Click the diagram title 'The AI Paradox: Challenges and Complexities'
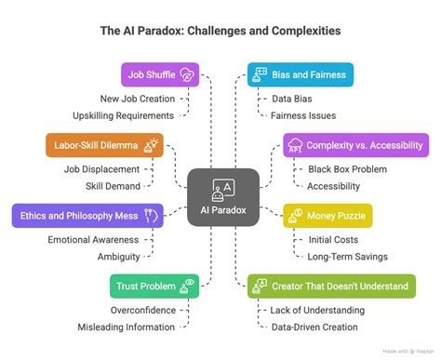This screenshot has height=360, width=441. click(x=220, y=31)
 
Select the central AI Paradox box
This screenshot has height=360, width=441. click(x=221, y=198)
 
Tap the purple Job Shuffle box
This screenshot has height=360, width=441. click(x=161, y=74)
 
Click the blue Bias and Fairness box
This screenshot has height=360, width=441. click(x=300, y=74)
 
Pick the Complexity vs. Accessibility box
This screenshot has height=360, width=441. click(x=355, y=144)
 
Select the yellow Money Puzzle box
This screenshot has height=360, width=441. click(x=327, y=216)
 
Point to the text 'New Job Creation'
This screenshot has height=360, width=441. click(x=138, y=99)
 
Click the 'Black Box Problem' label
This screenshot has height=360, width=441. click(x=348, y=169)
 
